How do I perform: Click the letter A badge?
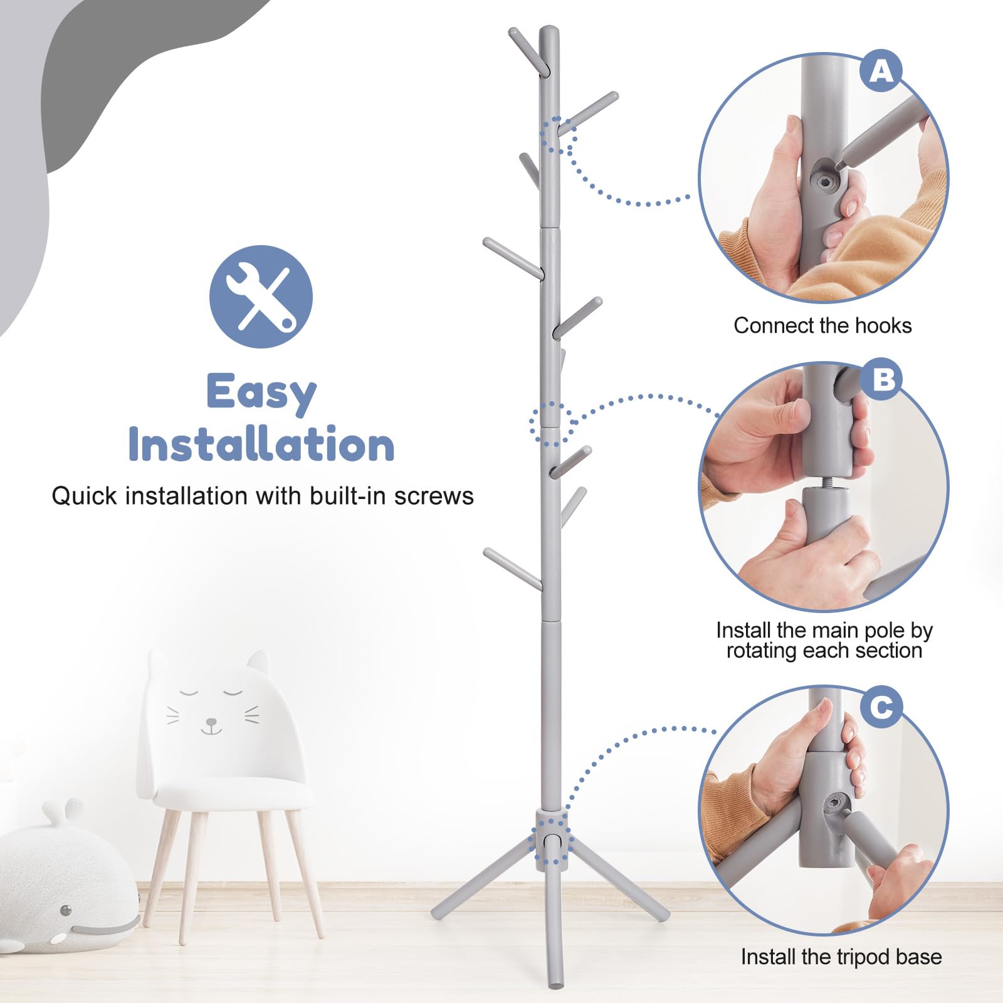881,71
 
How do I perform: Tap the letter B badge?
883,379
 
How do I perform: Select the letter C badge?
881,707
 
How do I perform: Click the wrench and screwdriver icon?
261,297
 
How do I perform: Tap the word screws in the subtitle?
434,496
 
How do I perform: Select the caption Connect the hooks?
822,325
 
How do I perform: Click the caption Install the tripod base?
841,957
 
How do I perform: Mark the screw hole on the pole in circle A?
826,182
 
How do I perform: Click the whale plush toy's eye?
66,910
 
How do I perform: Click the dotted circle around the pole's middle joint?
550,424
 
